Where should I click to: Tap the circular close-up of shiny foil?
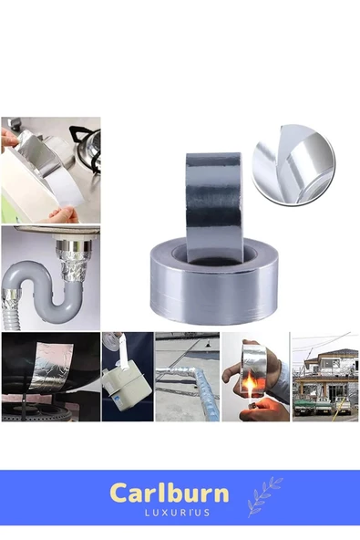(293, 163)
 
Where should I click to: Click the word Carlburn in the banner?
(169, 493)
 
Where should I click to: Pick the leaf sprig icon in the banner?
(263, 496)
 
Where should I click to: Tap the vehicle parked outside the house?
(341, 401)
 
